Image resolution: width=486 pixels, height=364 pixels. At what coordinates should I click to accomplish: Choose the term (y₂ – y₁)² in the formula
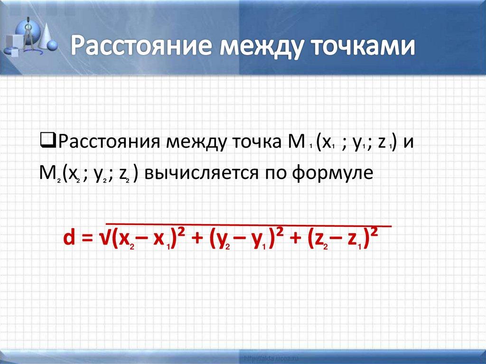242,240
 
